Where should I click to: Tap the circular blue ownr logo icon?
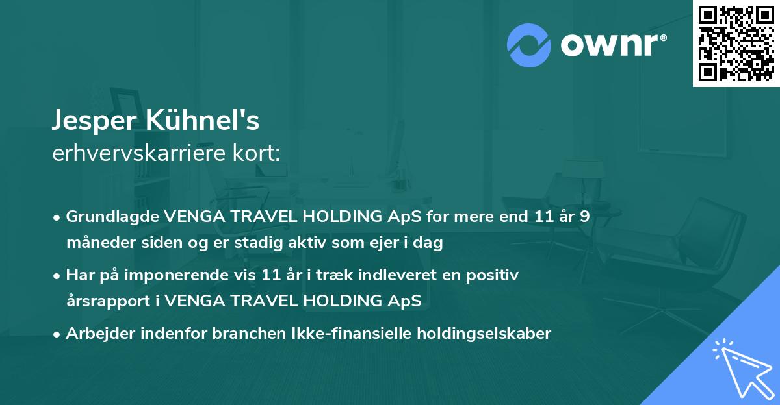529,45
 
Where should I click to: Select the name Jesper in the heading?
92,121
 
